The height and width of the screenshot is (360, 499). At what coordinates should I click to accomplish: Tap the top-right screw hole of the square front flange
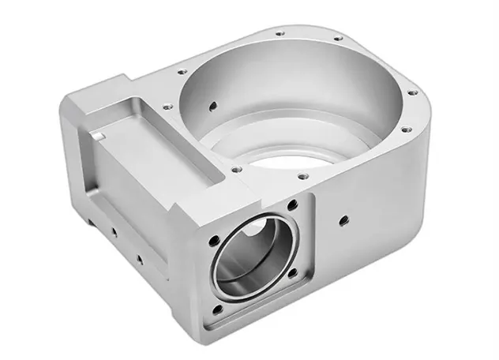pyautogui.click(x=293, y=204)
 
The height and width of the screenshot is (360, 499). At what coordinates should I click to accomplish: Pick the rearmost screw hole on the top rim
pyautogui.click(x=280, y=34)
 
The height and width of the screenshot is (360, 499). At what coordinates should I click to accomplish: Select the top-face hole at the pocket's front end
pyautogui.click(x=234, y=168)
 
